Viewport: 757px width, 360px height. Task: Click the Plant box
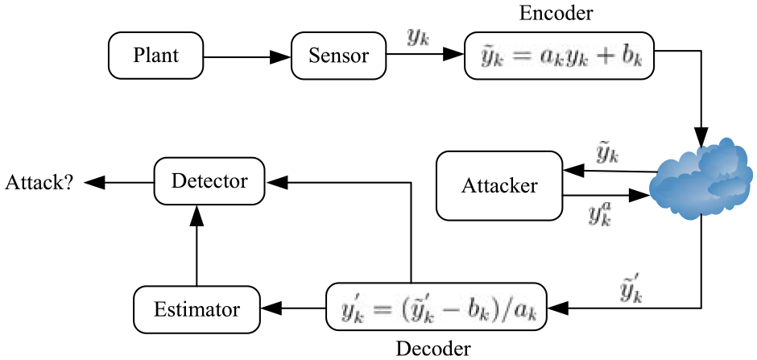[x=156, y=56]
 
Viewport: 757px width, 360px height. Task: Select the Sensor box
[x=339, y=56]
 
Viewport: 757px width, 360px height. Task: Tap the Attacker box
[x=499, y=185]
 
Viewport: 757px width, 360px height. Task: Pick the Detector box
[x=209, y=182]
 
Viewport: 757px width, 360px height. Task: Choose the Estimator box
[x=196, y=308]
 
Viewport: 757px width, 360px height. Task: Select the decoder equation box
[x=436, y=308]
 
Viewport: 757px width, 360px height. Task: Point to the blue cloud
[x=701, y=179]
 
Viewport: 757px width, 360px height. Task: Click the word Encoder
[x=556, y=13]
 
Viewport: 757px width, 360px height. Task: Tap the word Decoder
[x=432, y=349]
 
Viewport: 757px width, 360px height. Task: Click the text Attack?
[x=39, y=182]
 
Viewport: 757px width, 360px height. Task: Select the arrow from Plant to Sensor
[x=247, y=56]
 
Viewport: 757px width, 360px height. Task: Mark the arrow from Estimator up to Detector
[x=196, y=246]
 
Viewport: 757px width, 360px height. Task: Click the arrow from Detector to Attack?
[x=118, y=182]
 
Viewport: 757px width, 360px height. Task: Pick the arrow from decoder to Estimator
[x=292, y=308]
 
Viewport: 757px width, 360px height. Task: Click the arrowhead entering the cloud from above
[x=701, y=137]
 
